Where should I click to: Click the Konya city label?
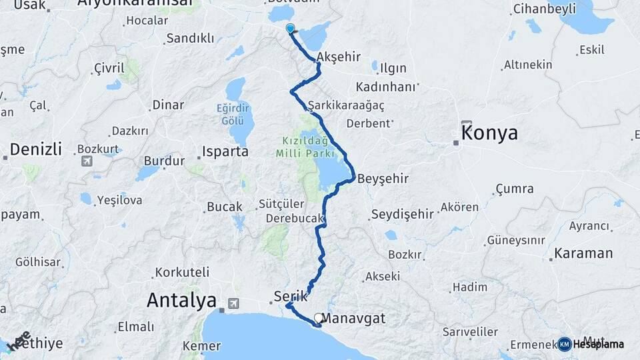pyautogui.click(x=490, y=133)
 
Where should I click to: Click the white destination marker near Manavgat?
pyautogui.click(x=318, y=319)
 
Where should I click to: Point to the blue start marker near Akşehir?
pyautogui.click(x=291, y=29)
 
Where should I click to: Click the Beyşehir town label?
pyautogui.click(x=383, y=179)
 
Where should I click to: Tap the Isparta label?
pyautogui.click(x=226, y=152)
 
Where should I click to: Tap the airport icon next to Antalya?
pyautogui.click(x=233, y=303)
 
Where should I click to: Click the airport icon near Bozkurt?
pyautogui.click(x=87, y=161)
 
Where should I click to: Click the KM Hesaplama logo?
pyautogui.click(x=591, y=344)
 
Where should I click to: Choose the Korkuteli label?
pyautogui.click(x=182, y=272)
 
